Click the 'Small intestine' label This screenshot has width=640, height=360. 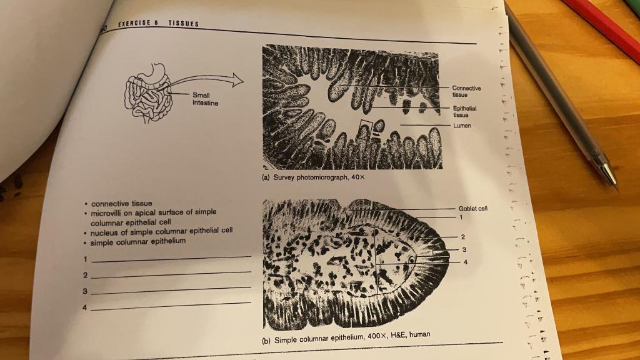coord(205,99)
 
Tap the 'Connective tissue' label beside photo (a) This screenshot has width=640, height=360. coord(466,91)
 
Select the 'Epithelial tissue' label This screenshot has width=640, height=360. coord(465,111)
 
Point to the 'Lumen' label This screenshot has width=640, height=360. coord(462,126)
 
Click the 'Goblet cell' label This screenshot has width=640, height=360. coord(472,209)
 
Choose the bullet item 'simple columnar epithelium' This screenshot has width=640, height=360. coord(138,242)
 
